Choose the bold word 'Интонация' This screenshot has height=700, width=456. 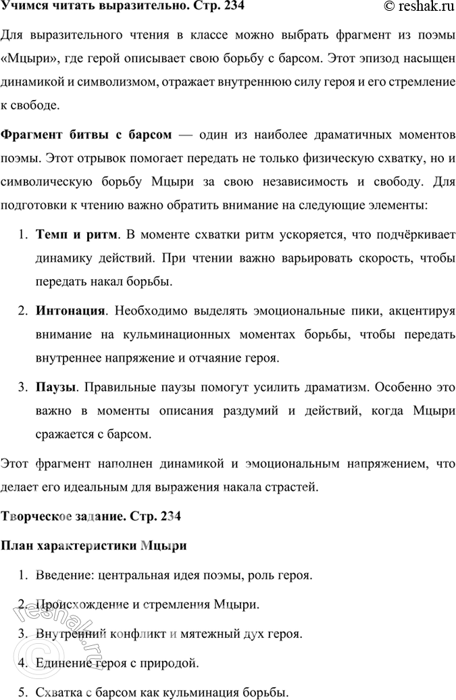(x=70, y=311)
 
